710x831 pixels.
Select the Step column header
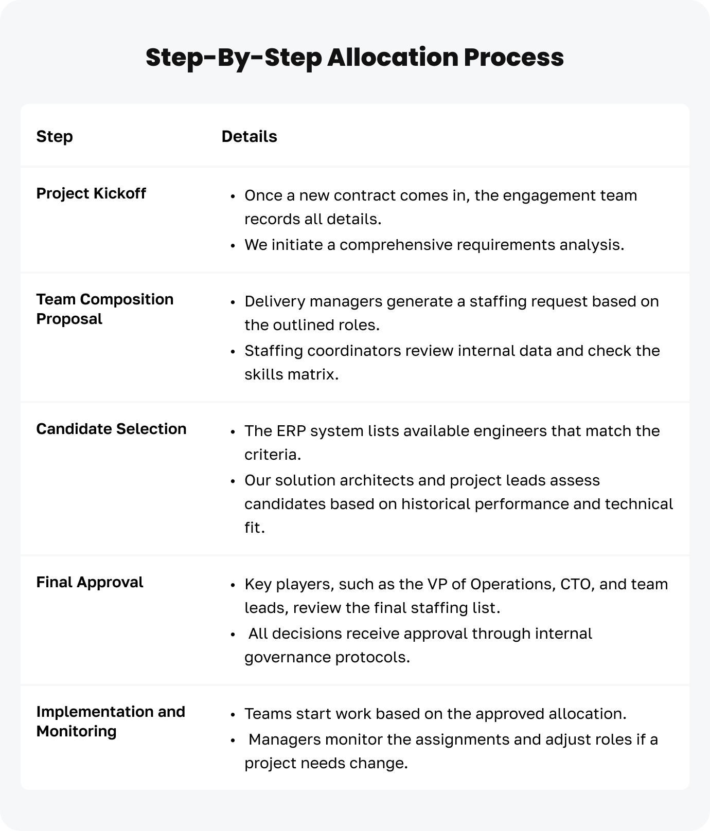(x=55, y=137)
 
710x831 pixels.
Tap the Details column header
(x=249, y=137)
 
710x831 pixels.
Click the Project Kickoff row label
(x=91, y=194)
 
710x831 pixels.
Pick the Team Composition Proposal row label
(x=104, y=309)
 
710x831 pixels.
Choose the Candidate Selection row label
(x=111, y=429)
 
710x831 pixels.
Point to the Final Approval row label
(x=90, y=583)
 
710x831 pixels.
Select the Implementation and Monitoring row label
(x=111, y=721)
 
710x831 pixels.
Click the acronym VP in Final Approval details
(x=437, y=584)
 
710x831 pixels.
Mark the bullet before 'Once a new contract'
(x=233, y=196)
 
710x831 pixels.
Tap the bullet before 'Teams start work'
(x=233, y=715)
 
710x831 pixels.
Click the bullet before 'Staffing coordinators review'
(x=233, y=352)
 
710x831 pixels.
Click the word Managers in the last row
(x=285, y=739)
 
